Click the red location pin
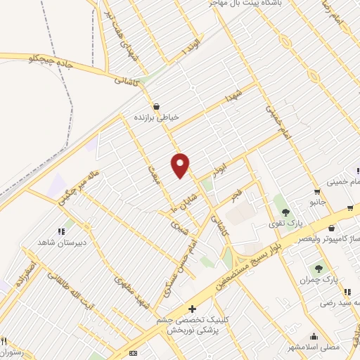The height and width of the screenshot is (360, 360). coord(181,165)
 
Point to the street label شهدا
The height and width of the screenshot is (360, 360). coord(234,96)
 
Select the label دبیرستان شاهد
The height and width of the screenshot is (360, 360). coord(61,243)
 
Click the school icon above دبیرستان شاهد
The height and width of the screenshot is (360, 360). coord(61,231)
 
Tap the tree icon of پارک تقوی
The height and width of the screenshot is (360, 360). coord(285,212)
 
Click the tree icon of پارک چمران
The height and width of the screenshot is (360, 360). coord(319,267)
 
